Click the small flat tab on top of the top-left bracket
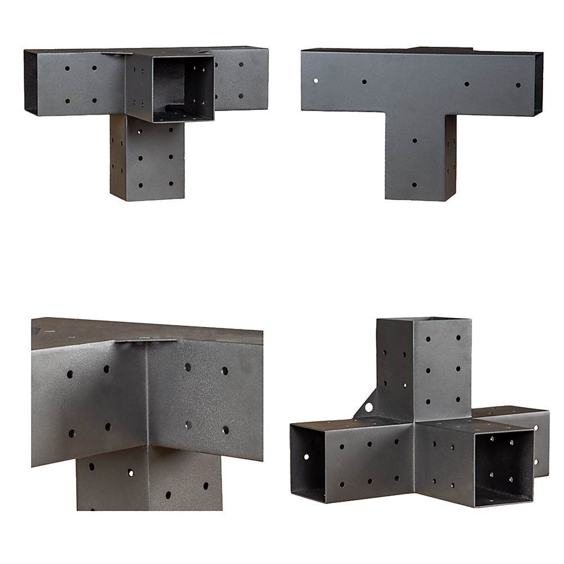[116, 53]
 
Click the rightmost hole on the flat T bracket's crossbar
[518, 85]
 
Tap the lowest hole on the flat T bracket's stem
[414, 184]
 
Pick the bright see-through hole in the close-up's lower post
[130, 473]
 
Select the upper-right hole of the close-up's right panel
[224, 371]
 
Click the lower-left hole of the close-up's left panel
[72, 433]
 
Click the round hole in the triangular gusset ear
[369, 406]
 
